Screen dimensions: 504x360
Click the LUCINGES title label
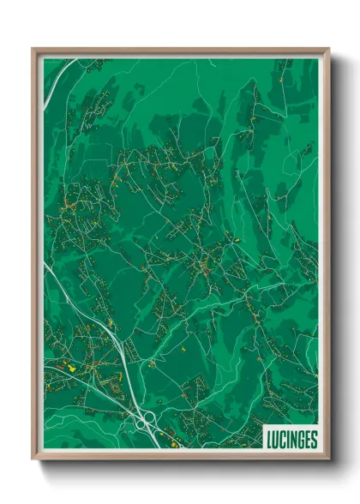[291, 440]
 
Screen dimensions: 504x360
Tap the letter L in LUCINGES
[269, 440]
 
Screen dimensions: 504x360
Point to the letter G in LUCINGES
[301, 440]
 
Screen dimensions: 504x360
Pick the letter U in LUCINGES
[276, 440]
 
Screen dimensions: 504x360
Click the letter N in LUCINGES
[293, 440]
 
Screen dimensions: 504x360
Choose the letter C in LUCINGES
[283, 440]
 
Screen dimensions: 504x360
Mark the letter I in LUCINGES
[288, 440]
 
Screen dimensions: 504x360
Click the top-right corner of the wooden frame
[328, 50]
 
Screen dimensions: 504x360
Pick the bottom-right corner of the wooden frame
[328, 459]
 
